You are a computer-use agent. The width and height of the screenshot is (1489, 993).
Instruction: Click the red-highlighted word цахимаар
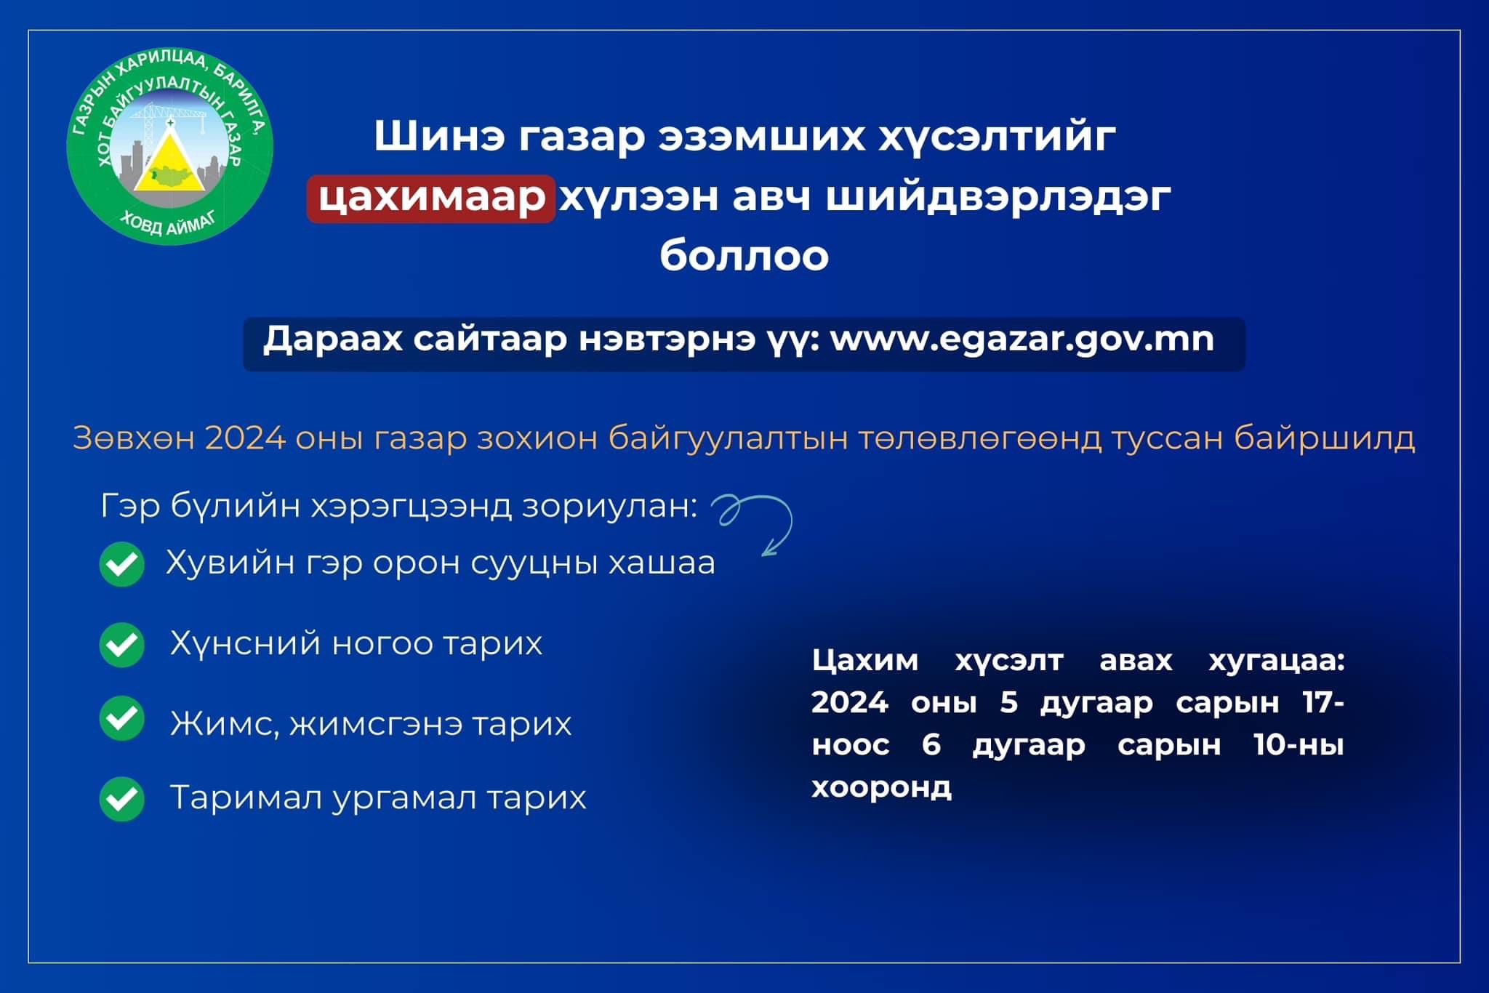pyautogui.click(x=432, y=198)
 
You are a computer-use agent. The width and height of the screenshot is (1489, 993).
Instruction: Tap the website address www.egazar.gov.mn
pyautogui.click(x=1022, y=339)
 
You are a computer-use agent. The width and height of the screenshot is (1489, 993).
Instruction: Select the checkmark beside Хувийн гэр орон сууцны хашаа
pyautogui.click(x=122, y=564)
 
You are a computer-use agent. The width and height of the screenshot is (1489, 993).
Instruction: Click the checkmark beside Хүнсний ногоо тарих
pyautogui.click(x=122, y=645)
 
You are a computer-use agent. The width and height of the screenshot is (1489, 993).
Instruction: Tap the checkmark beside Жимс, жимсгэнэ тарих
pyautogui.click(x=122, y=718)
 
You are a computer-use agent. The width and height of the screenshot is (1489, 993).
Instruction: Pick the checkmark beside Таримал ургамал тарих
pyautogui.click(x=122, y=799)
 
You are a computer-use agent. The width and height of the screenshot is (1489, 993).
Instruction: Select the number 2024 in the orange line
pyautogui.click(x=245, y=438)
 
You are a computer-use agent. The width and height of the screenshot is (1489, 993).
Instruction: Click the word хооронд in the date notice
pyautogui.click(x=881, y=787)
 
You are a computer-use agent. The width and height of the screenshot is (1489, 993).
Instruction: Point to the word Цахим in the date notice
pyautogui.click(x=864, y=661)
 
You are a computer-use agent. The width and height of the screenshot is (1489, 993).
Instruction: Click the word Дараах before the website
pyautogui.click(x=332, y=339)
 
